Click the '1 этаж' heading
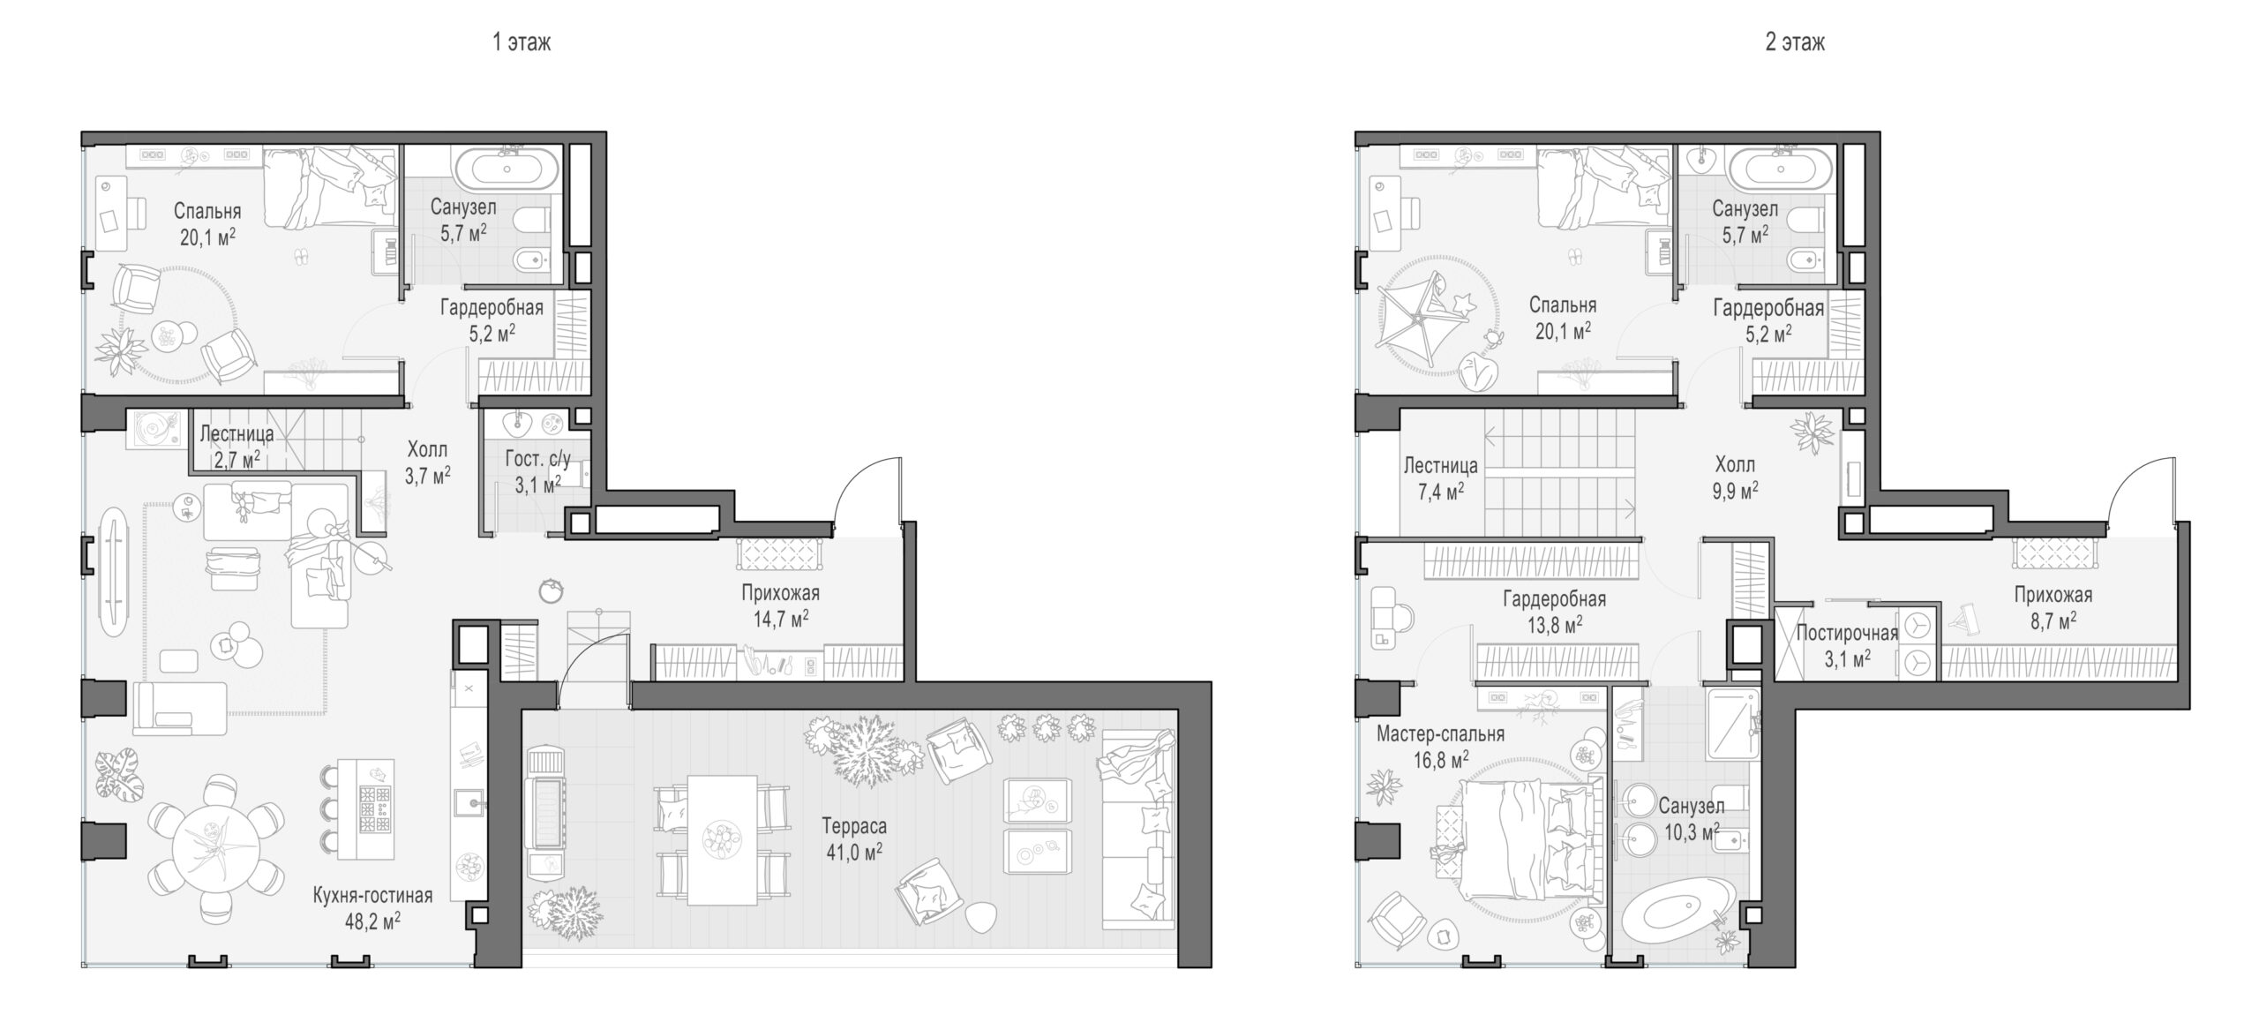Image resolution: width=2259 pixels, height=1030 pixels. point(522,42)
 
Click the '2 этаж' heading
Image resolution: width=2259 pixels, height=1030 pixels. point(1795,42)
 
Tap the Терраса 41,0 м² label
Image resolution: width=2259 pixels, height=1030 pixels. point(854,838)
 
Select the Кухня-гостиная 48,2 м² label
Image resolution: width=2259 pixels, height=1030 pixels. point(372,908)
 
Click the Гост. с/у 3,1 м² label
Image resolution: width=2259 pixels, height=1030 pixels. point(537,471)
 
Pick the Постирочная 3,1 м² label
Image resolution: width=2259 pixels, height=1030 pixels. point(1847,645)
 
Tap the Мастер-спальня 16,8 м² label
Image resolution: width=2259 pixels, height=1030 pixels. point(1440,747)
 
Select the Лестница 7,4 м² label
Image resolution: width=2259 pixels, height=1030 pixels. point(1440,478)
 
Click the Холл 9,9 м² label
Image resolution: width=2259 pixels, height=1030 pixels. point(1735,477)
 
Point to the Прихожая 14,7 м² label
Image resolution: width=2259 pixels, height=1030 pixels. point(781,605)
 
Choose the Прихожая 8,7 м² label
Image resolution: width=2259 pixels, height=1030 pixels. point(2053,607)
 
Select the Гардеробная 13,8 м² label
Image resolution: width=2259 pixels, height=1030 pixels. point(1554,612)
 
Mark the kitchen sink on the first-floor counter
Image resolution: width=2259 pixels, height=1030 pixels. point(469,801)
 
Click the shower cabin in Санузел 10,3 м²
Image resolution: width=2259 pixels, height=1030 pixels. point(1732,724)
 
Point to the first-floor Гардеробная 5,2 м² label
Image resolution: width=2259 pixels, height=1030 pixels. point(492,320)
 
